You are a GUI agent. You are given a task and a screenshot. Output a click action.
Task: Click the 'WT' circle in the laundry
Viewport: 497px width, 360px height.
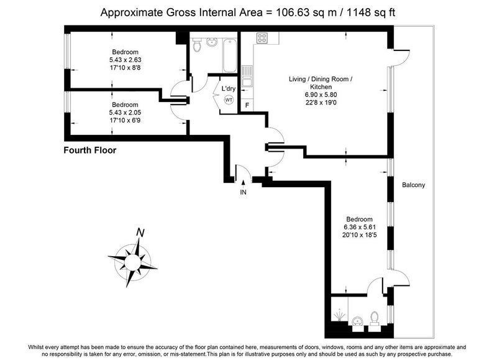(x=229, y=100)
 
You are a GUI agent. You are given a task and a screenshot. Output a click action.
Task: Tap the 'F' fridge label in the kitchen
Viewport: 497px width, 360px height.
(x=247, y=105)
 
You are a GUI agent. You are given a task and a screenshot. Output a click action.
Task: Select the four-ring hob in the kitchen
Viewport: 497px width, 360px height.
(x=262, y=38)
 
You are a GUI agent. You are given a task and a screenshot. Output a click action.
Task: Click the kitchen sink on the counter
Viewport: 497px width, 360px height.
(x=247, y=76)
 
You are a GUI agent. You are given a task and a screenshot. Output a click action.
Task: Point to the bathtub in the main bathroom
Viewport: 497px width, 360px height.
(x=229, y=56)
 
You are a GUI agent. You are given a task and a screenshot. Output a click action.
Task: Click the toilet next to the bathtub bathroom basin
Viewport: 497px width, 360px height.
(x=197, y=46)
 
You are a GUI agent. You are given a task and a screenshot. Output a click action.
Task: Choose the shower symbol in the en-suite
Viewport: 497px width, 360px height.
(x=339, y=315)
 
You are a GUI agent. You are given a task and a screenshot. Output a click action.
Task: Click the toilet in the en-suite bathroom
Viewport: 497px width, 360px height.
(x=375, y=318)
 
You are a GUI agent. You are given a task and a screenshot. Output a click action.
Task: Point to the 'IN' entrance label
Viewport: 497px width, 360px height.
(x=243, y=192)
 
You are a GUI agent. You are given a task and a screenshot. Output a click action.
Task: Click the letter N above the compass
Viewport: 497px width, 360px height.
(x=140, y=233)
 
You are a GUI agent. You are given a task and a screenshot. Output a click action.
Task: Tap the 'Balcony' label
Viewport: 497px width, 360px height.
(x=413, y=185)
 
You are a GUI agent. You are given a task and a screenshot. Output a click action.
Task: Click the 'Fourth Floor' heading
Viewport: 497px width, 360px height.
(x=90, y=150)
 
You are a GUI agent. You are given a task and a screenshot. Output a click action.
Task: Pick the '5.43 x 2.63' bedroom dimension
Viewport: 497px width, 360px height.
(x=125, y=60)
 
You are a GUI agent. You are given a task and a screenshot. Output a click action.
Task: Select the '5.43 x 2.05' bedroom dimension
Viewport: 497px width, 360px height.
(x=125, y=113)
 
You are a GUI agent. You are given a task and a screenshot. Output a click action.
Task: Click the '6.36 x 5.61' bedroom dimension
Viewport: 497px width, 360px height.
(x=360, y=227)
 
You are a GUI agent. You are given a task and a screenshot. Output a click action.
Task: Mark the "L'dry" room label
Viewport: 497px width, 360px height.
(x=228, y=88)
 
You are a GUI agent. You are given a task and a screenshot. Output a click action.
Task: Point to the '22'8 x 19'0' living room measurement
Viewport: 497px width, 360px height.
(x=321, y=103)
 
